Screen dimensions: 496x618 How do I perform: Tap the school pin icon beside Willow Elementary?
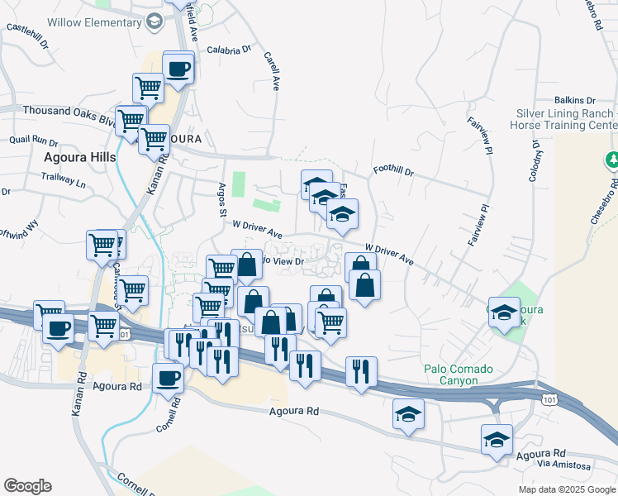154,22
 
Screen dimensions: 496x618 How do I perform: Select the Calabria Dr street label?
229,50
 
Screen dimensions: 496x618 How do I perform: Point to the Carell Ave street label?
270,71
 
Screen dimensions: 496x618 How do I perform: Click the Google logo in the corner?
27,486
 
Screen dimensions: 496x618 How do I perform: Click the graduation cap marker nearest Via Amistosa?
497,439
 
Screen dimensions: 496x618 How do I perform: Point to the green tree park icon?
613,158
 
